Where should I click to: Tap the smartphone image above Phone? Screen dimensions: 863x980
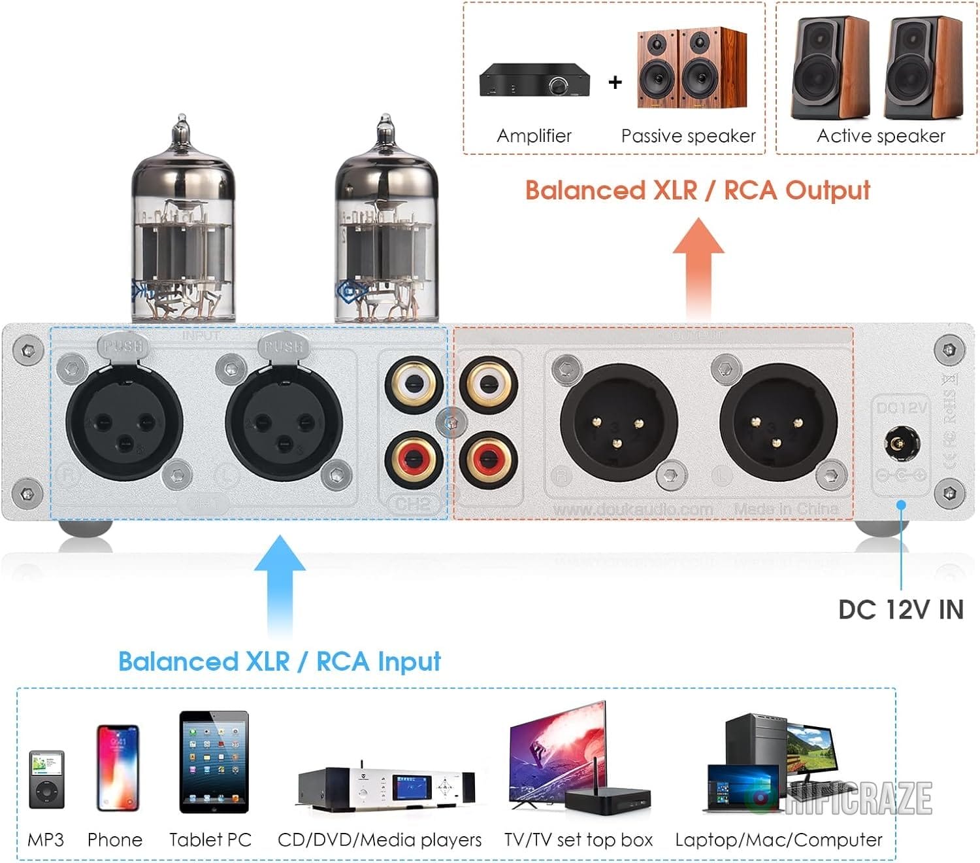coord(118,768)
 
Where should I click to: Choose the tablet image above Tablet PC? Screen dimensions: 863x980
coord(214,762)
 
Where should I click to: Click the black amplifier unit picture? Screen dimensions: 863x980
coord(534,81)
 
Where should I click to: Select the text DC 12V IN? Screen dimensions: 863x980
coord(901,609)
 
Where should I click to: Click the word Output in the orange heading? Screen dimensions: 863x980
coord(828,190)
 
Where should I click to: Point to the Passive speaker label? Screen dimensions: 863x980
coord(688,136)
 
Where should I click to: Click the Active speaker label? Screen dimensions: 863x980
coord(881,136)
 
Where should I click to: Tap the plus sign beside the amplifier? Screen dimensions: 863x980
coord(615,82)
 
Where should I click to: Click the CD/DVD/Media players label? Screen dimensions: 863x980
coord(380,840)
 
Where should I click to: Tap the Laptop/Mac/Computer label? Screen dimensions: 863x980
coord(778,840)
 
